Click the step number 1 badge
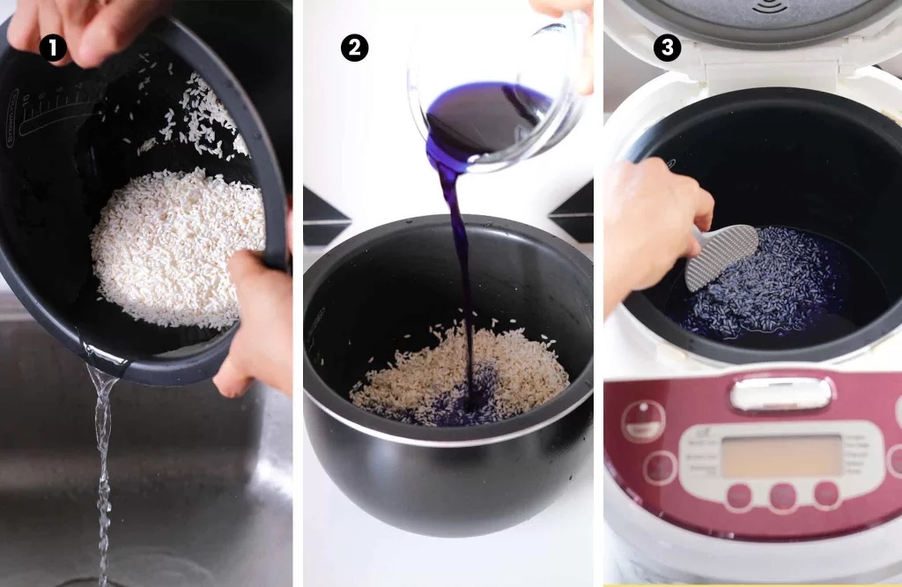[x=53, y=48]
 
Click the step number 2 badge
[x=354, y=48]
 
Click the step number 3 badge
[x=667, y=48]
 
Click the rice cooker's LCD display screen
[x=780, y=456]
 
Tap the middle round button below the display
[x=781, y=496]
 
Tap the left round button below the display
[x=738, y=496]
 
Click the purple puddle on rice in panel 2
[x=462, y=401]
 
